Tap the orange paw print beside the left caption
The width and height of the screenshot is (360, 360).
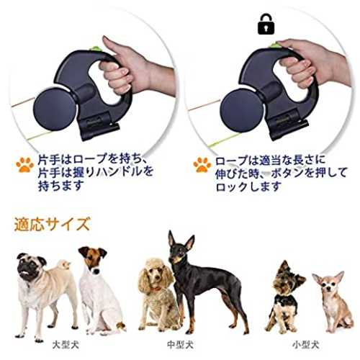25,165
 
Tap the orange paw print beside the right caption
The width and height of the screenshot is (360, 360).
202,165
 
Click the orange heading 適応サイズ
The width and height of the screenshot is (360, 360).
52,224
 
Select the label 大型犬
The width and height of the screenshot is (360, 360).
66,346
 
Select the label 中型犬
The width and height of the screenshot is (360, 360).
180,346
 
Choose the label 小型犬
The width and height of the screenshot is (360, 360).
305,346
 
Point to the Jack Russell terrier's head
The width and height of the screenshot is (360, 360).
92,259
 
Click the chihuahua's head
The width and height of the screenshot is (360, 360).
329,283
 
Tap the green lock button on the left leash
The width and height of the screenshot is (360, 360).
95,49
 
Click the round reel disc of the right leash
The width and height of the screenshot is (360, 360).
241,110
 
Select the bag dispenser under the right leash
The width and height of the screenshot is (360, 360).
288,127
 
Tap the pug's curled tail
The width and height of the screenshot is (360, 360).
64,265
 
